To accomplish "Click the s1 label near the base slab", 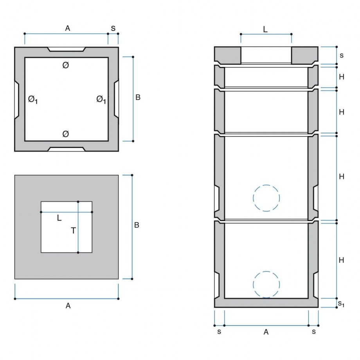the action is [x=341, y=304].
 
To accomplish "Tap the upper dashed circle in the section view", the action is [x=266, y=198].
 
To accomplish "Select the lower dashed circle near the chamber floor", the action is [x=266, y=284].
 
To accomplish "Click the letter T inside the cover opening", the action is [x=73, y=230].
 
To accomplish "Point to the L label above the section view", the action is [x=265, y=29].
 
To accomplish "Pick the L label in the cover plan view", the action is [x=59, y=218].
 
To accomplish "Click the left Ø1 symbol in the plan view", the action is [x=33, y=99].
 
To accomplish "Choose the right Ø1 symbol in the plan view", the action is [x=101, y=99].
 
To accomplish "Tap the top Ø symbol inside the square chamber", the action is [x=66, y=65].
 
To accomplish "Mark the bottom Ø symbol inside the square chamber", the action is [x=66, y=134].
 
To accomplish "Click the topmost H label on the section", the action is [x=342, y=77].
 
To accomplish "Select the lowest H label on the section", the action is [x=341, y=260].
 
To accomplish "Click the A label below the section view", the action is [x=266, y=332].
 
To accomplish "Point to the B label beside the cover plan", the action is [x=137, y=225].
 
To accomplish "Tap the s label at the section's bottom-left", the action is [x=219, y=332].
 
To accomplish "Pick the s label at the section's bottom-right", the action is [x=314, y=332].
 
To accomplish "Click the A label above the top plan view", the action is [x=67, y=28].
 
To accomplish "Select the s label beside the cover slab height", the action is [x=342, y=55].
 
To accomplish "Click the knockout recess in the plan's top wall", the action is [x=67, y=49].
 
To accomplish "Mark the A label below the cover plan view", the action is [x=68, y=306].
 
